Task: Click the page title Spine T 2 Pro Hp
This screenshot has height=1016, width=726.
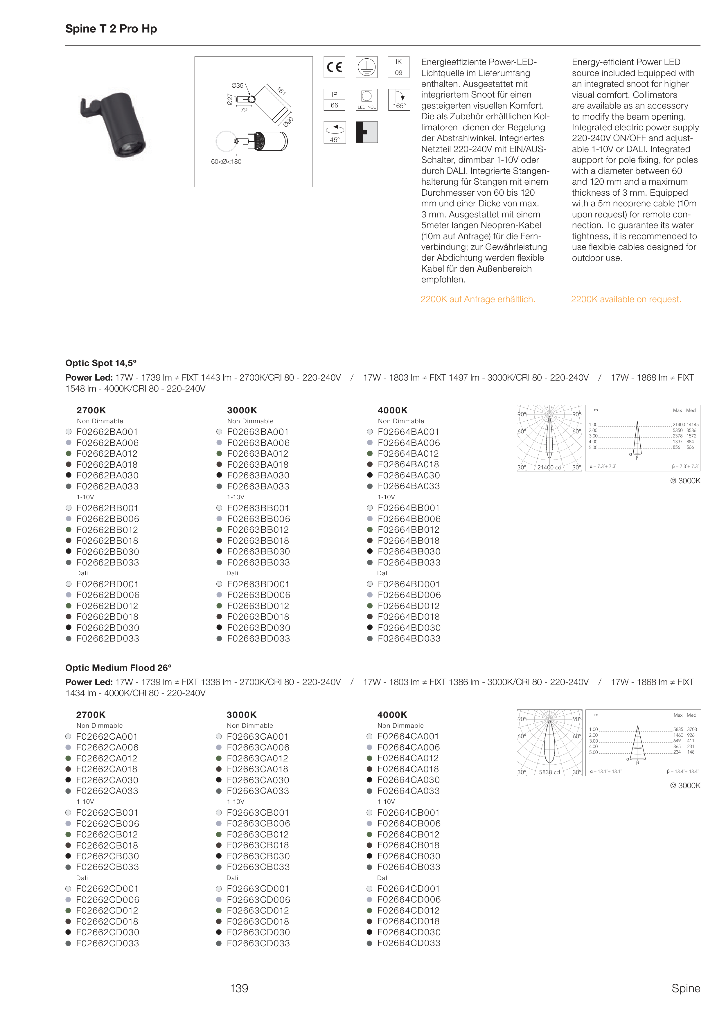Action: [111, 29]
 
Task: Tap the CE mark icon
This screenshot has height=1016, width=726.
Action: [334, 67]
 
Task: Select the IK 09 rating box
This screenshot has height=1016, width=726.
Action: [398, 67]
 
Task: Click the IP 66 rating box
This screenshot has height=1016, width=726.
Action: [334, 100]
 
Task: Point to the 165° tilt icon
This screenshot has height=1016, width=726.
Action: [399, 100]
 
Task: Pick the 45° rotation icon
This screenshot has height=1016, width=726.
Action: [334, 132]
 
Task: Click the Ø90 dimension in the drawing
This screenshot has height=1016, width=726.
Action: [288, 122]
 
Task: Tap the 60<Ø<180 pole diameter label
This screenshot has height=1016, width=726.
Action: [226, 162]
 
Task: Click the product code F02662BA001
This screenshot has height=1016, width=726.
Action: [107, 432]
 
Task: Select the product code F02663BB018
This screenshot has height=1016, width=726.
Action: [258, 541]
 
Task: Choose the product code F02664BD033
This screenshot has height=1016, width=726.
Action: [409, 638]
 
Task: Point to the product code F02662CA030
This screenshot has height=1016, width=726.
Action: [107, 780]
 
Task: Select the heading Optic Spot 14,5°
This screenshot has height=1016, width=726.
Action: [101, 363]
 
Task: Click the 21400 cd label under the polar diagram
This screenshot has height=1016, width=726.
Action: [549, 467]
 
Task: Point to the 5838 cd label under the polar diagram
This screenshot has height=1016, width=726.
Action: [549, 772]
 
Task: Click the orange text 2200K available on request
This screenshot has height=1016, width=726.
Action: [626, 299]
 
